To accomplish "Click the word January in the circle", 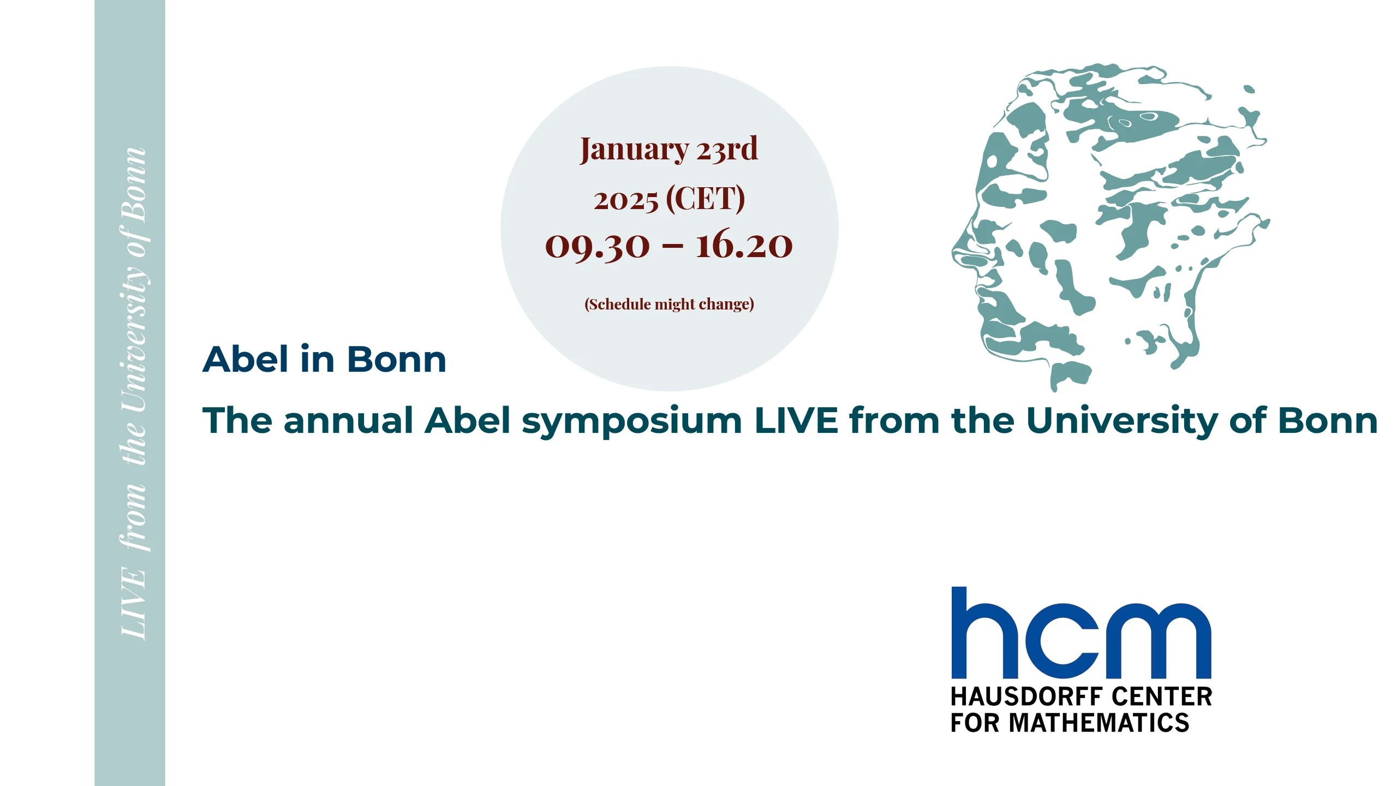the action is point(634,150).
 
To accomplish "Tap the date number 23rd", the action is point(727,148).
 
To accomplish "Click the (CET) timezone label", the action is point(706,198).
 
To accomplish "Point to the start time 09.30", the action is point(598,246).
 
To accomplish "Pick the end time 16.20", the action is point(744,244).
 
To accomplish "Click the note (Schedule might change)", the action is point(669,304).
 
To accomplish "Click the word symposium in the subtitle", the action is point(632,422).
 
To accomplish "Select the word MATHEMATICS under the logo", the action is point(1099,723).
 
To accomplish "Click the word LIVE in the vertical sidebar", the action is point(133,603).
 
